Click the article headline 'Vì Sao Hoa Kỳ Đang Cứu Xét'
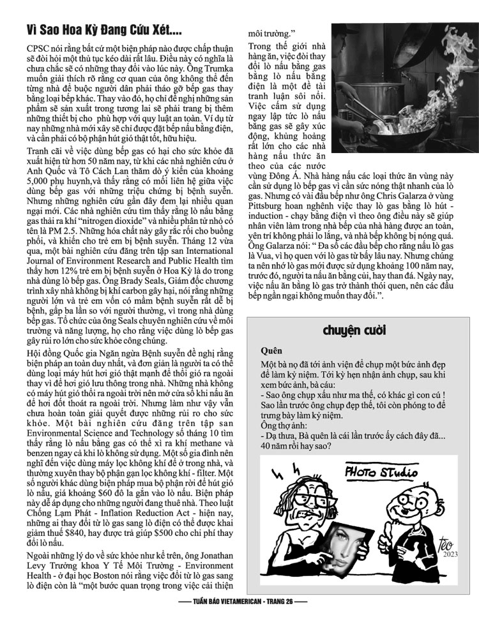pos(105,30)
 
